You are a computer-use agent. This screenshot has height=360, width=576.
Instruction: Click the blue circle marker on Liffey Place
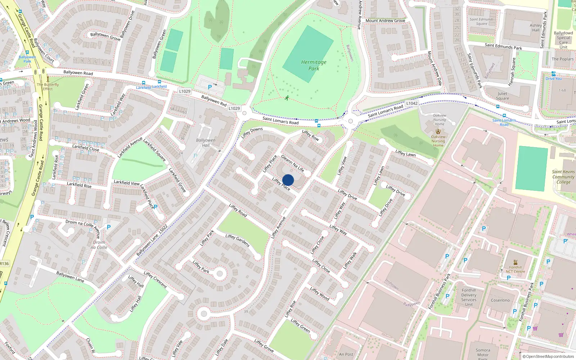coord(288,180)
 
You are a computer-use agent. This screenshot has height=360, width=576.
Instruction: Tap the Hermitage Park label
coord(314,65)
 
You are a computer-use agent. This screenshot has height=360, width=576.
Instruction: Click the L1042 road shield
coord(412,103)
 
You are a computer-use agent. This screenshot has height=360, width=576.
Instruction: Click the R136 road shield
coord(4,264)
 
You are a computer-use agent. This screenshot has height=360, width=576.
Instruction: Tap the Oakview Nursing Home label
coord(438,141)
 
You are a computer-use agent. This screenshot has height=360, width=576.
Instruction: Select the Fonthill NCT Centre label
coord(515,269)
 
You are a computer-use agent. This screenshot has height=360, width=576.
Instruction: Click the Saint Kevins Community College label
coord(563,177)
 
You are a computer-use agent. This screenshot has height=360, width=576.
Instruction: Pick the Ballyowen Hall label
coord(206,143)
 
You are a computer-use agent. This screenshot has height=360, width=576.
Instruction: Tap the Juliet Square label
coord(503,96)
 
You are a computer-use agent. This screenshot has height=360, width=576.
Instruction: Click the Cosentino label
coord(500,300)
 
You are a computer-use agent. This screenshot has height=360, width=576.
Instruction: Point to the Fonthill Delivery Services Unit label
coord(469,297)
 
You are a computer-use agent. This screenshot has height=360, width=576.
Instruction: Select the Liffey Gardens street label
coord(238,240)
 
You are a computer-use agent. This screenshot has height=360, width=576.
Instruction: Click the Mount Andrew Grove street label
coord(385,21)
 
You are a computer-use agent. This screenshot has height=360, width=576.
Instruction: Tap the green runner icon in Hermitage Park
coord(287,98)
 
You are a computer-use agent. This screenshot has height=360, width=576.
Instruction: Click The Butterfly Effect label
coord(48,87)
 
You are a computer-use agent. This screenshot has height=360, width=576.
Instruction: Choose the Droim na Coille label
coord(99,245)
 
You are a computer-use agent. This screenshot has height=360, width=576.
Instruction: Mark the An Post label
coord(346,354)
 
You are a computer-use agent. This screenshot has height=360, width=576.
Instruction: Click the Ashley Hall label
coord(536,28)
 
